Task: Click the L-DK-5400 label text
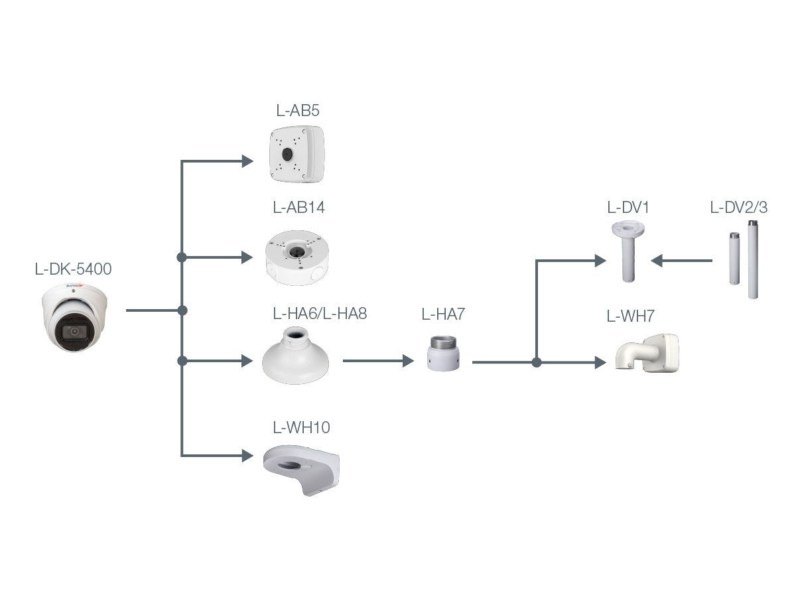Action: (73, 269)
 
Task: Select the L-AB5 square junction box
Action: (296, 155)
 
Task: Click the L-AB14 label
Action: (298, 207)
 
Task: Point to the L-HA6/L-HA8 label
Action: (320, 313)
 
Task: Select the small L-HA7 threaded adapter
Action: (443, 354)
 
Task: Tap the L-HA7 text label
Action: (443, 314)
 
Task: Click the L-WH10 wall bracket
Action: (302, 469)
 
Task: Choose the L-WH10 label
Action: (301, 427)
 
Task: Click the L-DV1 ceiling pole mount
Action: (628, 252)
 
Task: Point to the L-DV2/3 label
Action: (738, 207)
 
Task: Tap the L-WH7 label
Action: (630, 316)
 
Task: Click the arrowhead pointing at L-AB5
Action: (247, 161)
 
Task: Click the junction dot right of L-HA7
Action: (537, 363)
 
